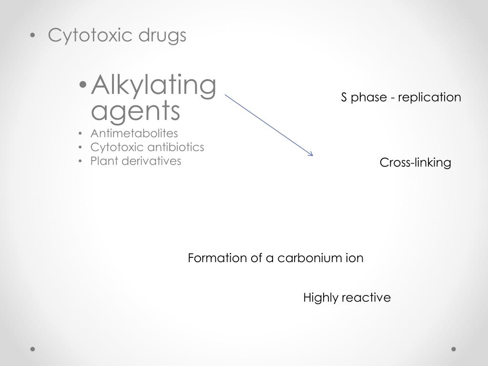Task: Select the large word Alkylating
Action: point(153,86)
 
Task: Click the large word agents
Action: point(135,111)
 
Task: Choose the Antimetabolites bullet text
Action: point(134,133)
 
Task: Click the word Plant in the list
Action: point(104,161)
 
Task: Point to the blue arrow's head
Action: point(311,154)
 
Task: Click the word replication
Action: point(429,98)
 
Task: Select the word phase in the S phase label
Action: point(366,98)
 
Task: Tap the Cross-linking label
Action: point(415,163)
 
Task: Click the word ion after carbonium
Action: point(355,258)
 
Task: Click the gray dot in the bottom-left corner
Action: point(33,349)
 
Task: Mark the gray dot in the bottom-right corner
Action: point(454,349)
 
